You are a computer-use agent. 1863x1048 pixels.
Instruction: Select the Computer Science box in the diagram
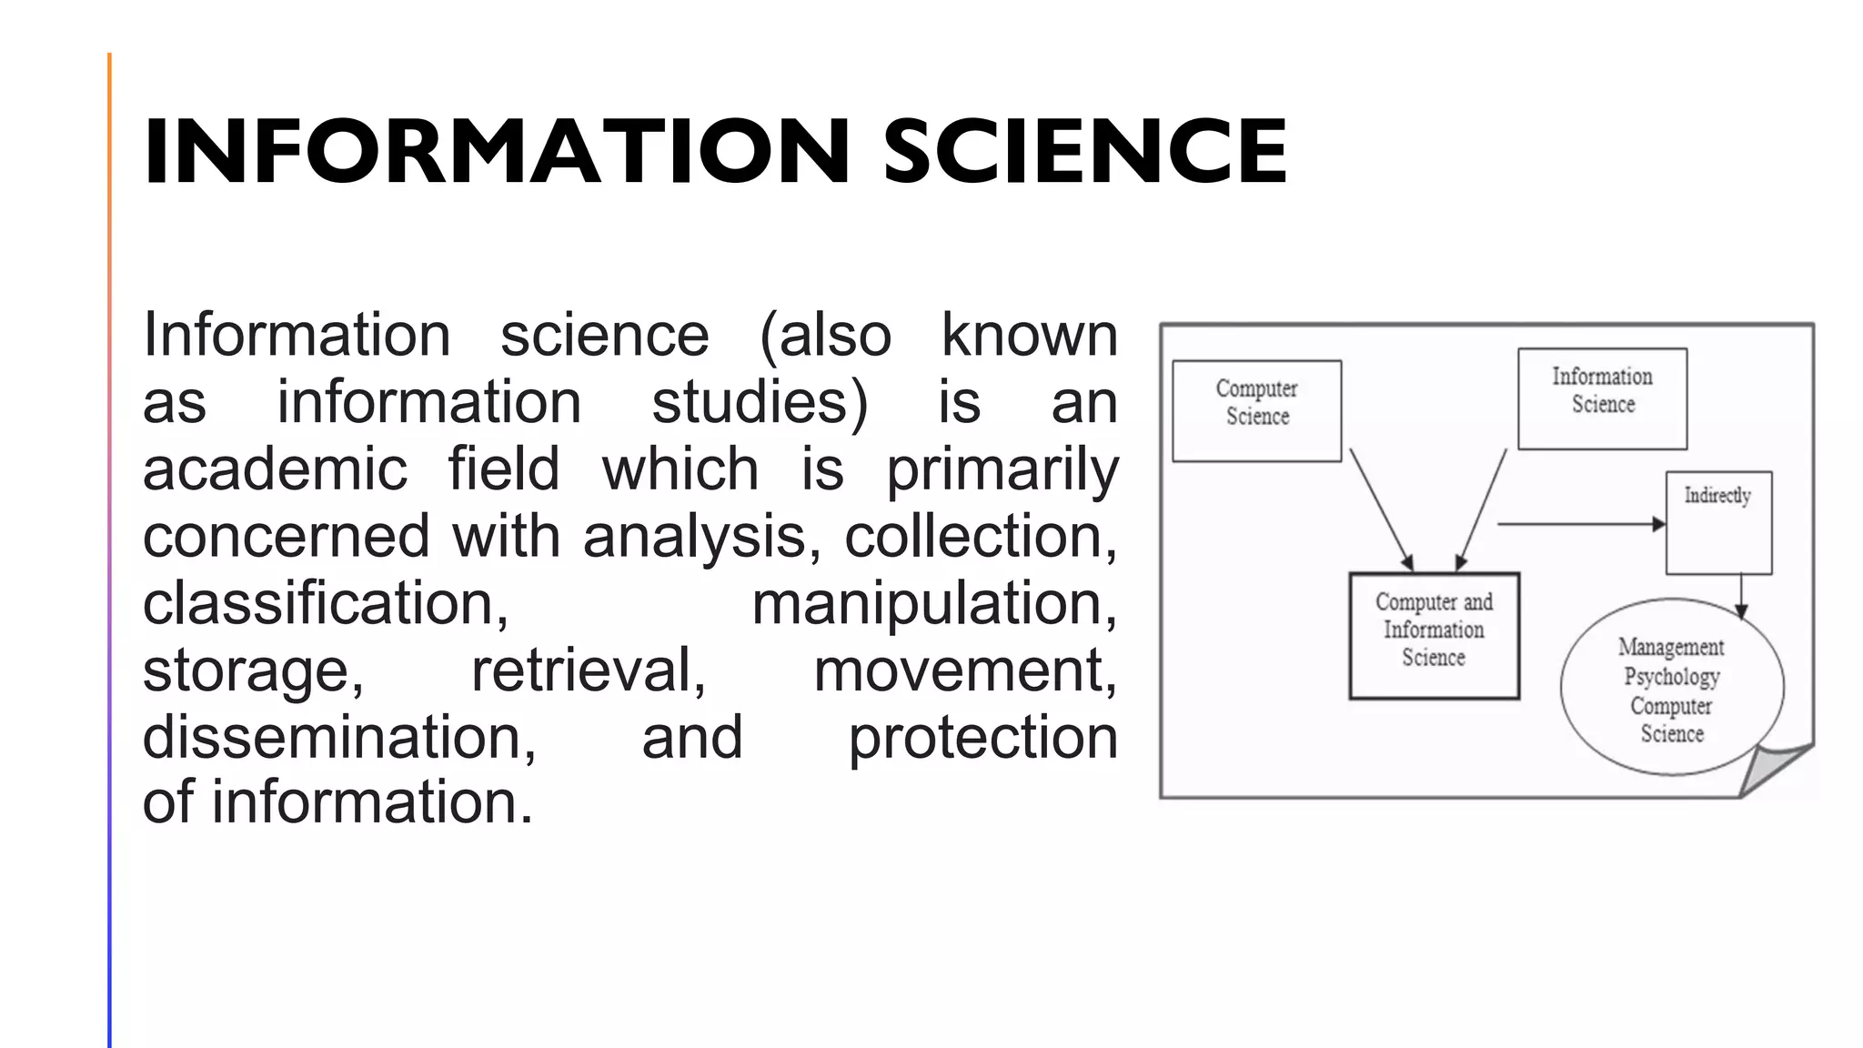[1256, 410]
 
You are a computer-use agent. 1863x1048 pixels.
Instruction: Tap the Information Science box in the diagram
[1602, 398]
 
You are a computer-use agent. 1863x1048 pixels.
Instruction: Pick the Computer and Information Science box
[1434, 635]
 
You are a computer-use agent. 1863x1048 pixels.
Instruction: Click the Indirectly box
[1718, 522]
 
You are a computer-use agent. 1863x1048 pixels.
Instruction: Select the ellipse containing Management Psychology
[1671, 688]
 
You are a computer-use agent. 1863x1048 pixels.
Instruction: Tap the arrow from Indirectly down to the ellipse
[1741, 596]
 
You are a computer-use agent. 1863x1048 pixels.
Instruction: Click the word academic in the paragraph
[275, 469]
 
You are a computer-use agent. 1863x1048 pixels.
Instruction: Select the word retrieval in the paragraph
[588, 671]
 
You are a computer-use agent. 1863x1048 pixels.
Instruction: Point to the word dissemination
[339, 737]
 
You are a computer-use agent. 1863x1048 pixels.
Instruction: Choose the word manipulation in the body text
[933, 604]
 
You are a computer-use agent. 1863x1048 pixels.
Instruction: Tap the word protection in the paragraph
[982, 737]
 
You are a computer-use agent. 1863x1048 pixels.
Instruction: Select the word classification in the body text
[325, 604]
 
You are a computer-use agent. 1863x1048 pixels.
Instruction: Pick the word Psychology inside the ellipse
[1672, 677]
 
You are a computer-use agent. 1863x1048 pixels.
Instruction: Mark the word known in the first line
[1029, 336]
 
